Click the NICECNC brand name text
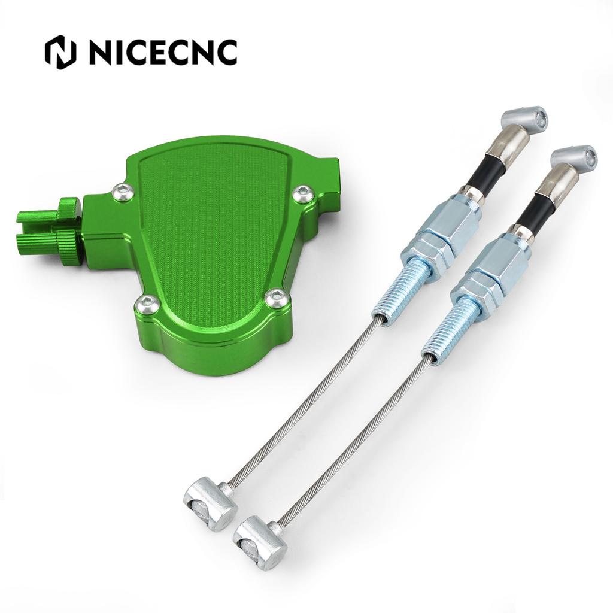pyautogui.click(x=162, y=53)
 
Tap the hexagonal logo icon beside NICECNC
pyautogui.click(x=60, y=53)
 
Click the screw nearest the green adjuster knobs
pyautogui.click(x=124, y=192)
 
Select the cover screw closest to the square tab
pyautogui.click(x=302, y=195)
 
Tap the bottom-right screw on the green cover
pyautogui.click(x=277, y=298)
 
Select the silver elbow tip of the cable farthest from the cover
pyautogui.click(x=575, y=157)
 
